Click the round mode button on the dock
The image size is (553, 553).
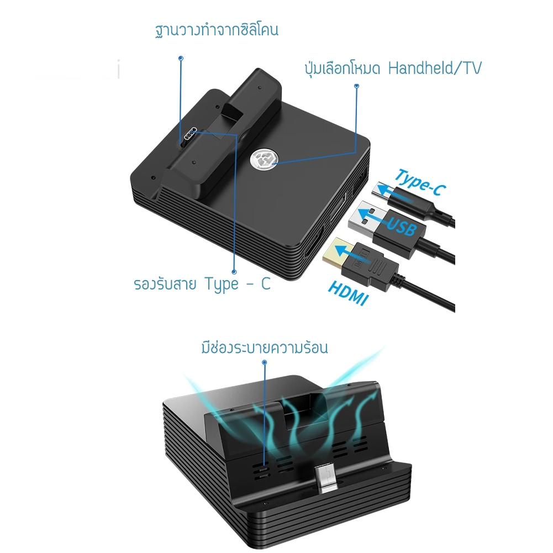point(263,160)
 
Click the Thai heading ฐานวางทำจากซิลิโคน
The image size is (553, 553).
point(217,30)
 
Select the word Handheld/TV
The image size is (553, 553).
point(434,68)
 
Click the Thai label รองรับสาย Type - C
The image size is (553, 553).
point(202,284)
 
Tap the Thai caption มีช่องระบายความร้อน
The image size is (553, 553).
point(265,347)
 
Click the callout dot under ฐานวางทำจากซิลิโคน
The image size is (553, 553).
point(181,58)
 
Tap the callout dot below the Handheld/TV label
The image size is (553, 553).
point(356,86)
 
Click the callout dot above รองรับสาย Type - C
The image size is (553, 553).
point(234,272)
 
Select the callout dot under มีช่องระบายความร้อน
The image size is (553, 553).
point(264,362)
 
